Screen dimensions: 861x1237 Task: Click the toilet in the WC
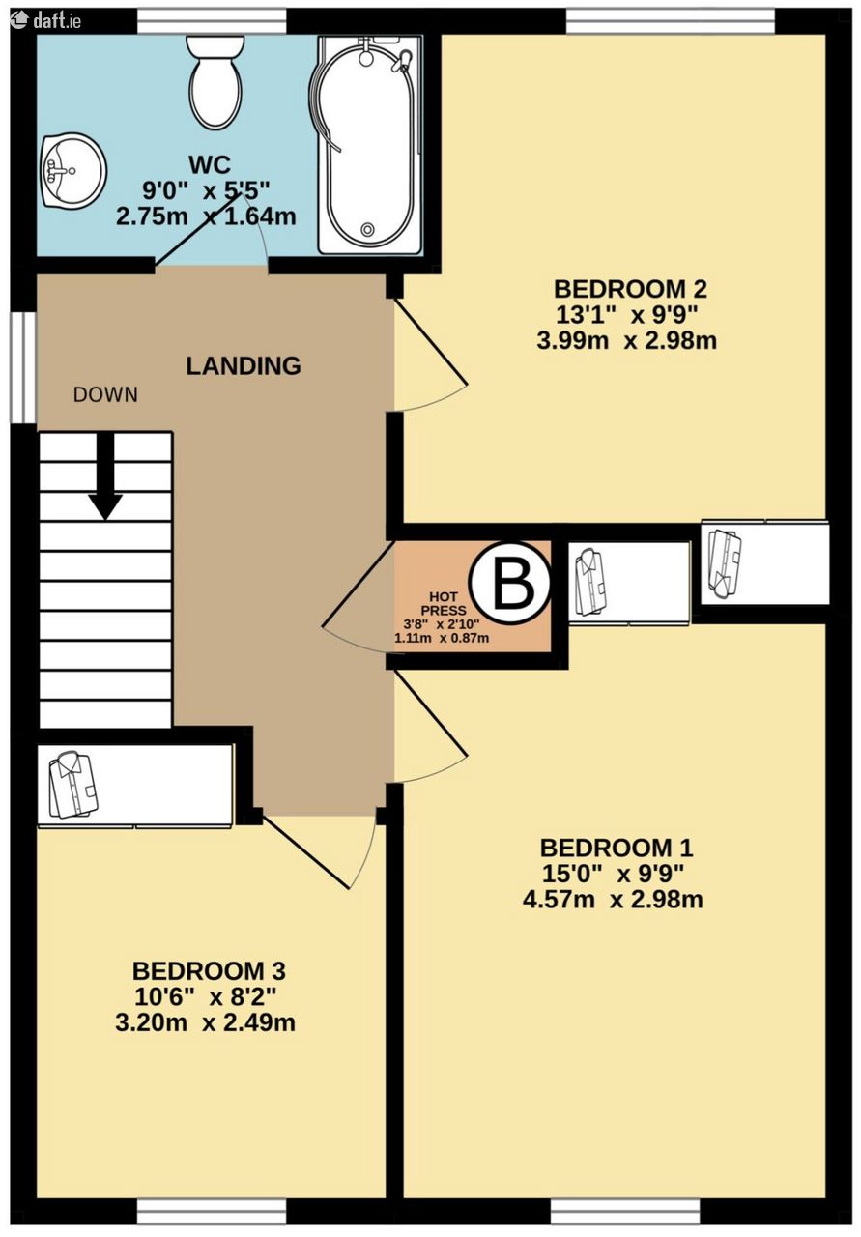coord(215,82)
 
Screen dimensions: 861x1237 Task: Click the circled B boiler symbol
coord(510,583)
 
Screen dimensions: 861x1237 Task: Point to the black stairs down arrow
coord(105,475)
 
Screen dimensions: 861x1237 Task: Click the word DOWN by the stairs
coord(105,395)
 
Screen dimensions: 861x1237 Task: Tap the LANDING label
coord(244,366)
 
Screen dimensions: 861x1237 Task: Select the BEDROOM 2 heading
coord(630,289)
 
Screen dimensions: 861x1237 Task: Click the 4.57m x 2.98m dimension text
coord(613,900)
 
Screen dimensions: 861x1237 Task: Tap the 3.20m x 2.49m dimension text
coord(206,1022)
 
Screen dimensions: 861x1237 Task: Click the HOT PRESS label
coord(444,604)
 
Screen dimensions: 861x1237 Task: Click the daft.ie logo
coord(48,20)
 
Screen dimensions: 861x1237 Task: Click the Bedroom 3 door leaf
coord(305,853)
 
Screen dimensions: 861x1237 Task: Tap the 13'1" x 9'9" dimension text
coord(627,315)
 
